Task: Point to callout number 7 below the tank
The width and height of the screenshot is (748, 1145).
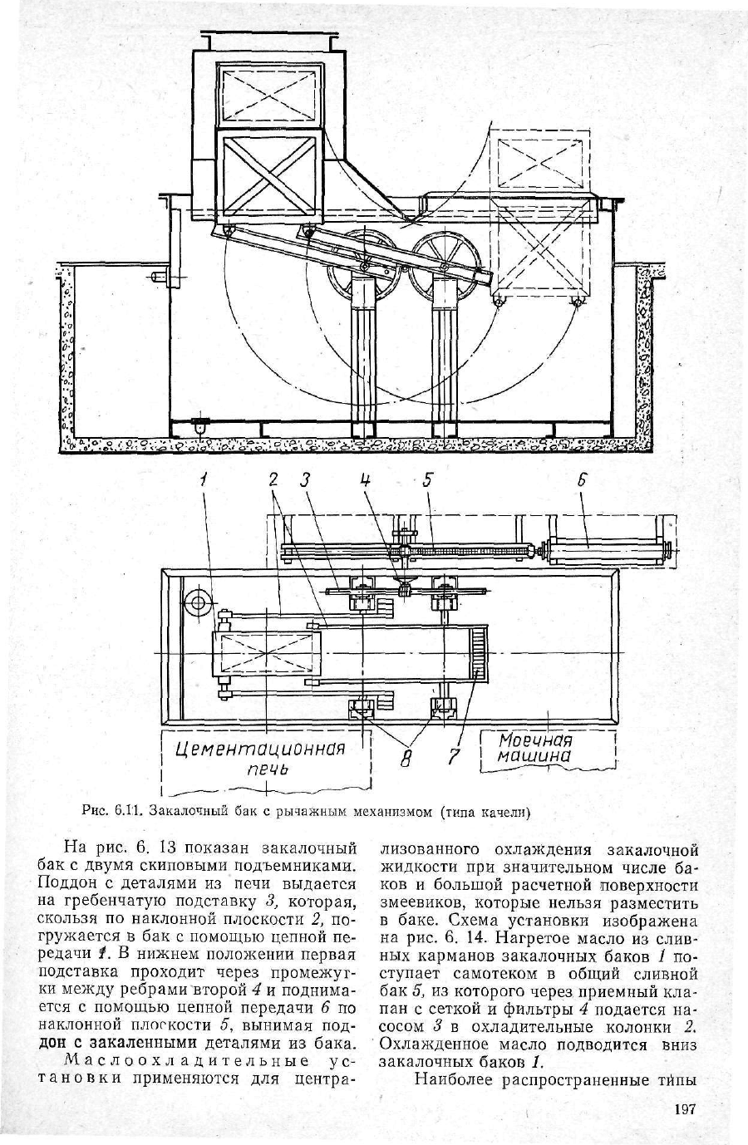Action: [x=455, y=756]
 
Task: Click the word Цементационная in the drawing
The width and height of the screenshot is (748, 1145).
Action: [x=260, y=749]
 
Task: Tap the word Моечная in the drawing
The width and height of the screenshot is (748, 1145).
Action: [x=534, y=740]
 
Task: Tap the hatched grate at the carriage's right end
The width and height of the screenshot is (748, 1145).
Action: [x=479, y=653]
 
